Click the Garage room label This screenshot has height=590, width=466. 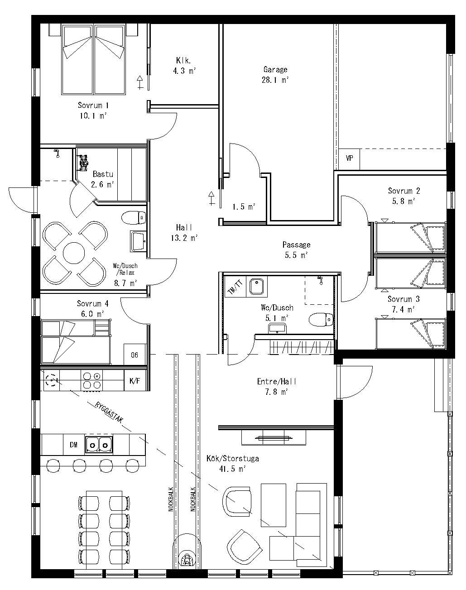click(x=275, y=69)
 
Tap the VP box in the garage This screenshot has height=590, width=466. click(x=349, y=159)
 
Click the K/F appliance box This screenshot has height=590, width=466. click(x=135, y=380)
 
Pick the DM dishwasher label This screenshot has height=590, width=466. click(x=73, y=445)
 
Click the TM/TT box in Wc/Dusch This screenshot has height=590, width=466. click(x=235, y=287)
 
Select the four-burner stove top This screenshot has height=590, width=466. click(x=91, y=380)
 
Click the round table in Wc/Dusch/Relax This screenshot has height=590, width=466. click(x=74, y=253)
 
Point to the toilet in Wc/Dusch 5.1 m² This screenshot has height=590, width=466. click(x=321, y=319)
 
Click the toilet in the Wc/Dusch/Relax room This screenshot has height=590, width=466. click(x=134, y=218)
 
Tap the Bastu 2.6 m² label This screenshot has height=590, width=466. click(x=103, y=179)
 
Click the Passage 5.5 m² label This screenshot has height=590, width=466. click(x=296, y=250)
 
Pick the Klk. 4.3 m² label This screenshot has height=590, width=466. click(x=184, y=66)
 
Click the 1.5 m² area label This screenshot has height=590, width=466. click(x=244, y=207)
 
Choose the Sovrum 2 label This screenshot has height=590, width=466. click(x=404, y=191)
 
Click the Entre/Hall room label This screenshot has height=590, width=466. click(x=276, y=381)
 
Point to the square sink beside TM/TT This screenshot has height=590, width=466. click(x=257, y=287)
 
